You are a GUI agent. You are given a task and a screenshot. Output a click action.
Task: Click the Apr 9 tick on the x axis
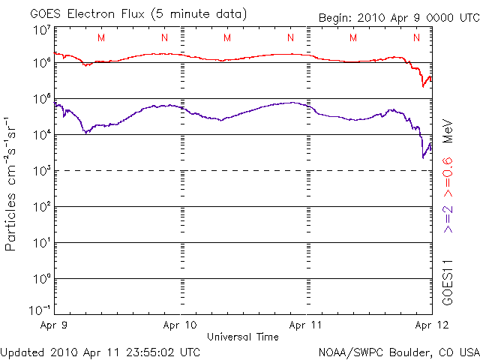54,326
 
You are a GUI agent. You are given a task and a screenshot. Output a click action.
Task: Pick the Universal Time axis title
242,337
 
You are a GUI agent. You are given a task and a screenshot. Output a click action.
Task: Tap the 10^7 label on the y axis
40,31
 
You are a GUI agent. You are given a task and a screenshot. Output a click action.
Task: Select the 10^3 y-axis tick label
40,171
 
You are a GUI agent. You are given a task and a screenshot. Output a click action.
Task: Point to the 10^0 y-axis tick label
40,279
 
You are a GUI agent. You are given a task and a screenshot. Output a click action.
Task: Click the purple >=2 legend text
447,217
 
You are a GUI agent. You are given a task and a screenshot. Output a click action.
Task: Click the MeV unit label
447,130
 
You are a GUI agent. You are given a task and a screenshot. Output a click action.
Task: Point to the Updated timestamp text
100,352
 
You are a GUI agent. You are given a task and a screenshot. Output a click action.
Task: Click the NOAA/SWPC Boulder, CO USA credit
398,352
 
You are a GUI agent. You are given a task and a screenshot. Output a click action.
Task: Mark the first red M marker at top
101,37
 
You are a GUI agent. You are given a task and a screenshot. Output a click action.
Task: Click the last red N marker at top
417,37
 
